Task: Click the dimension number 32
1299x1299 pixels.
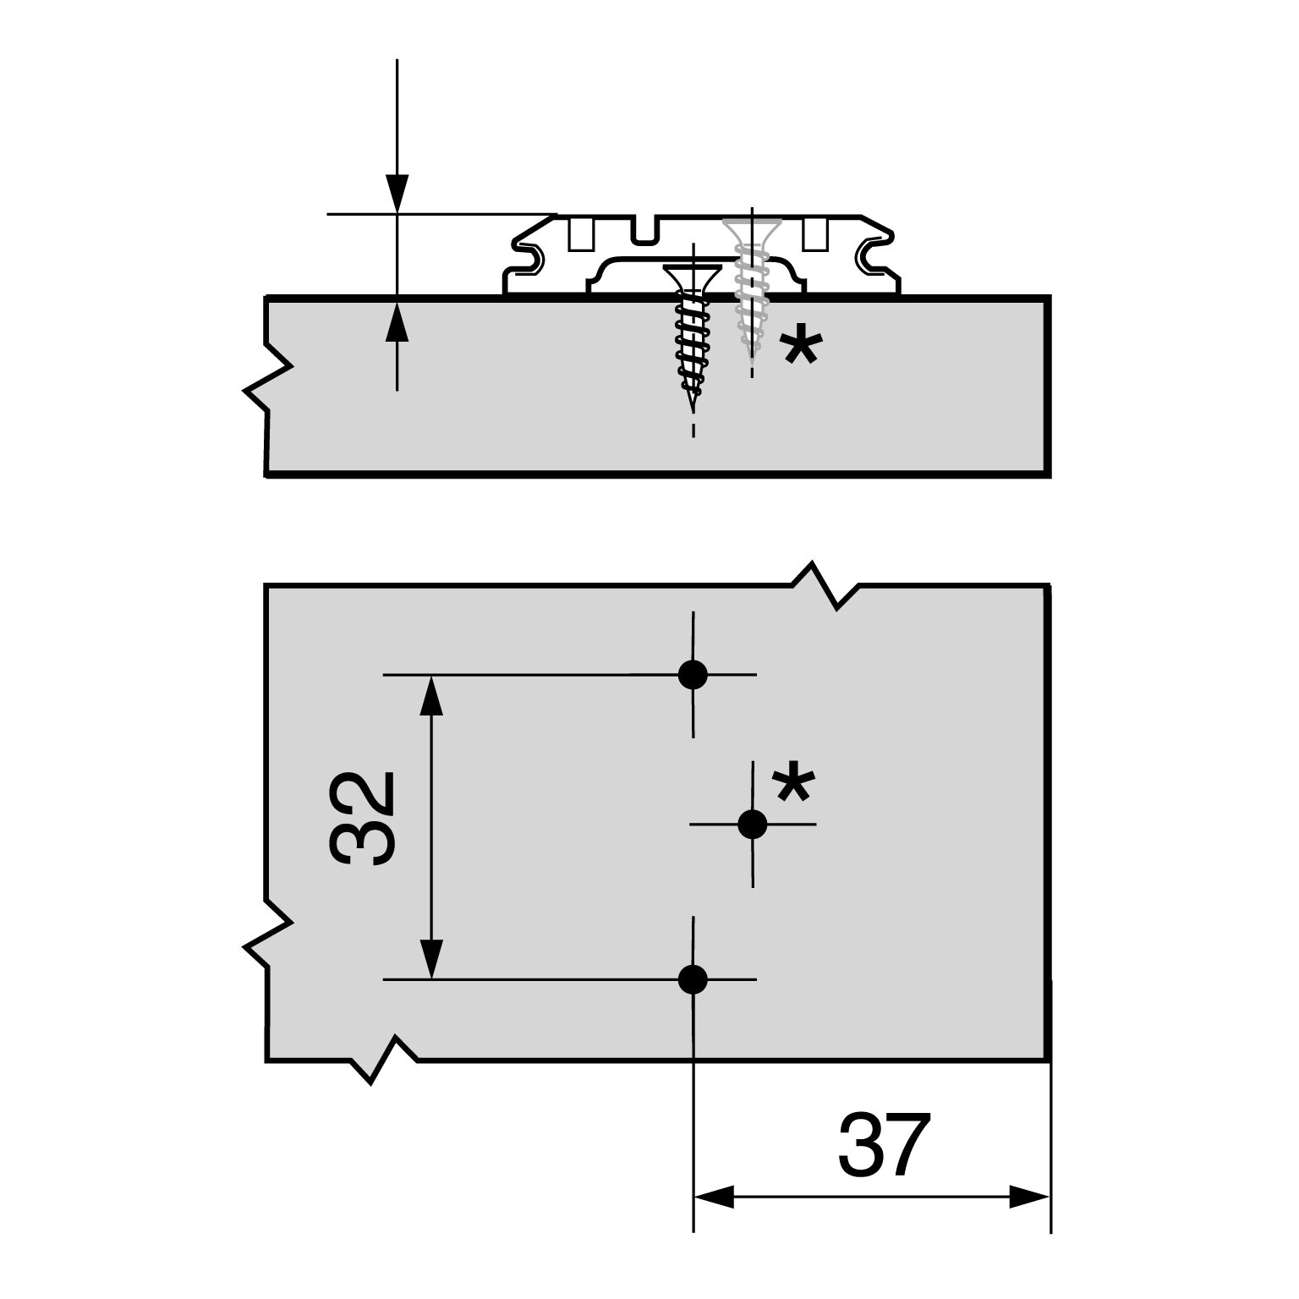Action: [362, 818]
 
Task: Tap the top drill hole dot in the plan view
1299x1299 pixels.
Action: [693, 674]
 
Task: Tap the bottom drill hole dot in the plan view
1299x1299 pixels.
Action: [693, 979]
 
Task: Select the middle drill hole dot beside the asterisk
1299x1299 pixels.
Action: [752, 824]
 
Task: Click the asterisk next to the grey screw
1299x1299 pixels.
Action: [799, 348]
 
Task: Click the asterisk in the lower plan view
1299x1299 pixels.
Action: [793, 783]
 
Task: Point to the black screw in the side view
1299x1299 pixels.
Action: [693, 331]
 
